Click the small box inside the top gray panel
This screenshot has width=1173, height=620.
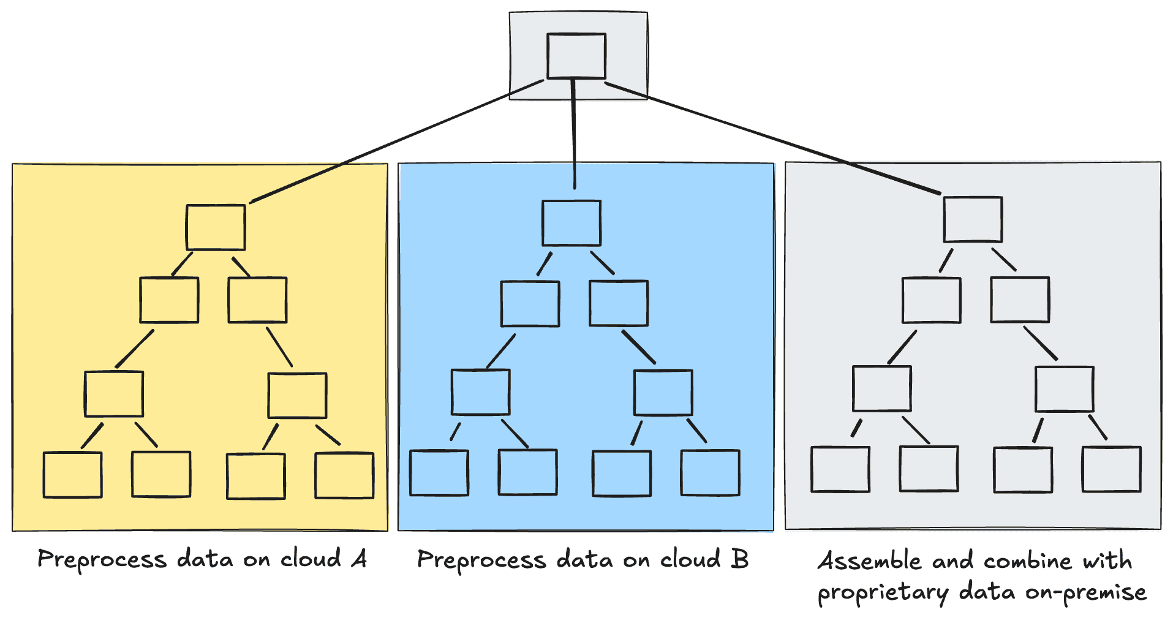pos(576,56)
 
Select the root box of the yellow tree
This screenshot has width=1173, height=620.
pos(216,227)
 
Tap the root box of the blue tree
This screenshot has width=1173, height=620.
pos(571,223)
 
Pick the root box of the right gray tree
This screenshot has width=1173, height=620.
pos(973,219)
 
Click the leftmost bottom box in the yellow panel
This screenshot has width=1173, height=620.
pos(72,475)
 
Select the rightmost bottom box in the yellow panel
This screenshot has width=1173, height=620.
pos(344,475)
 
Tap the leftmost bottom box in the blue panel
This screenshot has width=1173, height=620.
pos(439,472)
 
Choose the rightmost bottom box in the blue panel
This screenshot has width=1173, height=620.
pos(710,472)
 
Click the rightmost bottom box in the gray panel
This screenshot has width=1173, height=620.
pos(1111,469)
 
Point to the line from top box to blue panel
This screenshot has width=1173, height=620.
pos(574,135)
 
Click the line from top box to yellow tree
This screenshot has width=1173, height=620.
pos(398,141)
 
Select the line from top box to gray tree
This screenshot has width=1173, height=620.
pos(772,138)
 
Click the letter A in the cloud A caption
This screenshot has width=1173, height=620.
pos(360,559)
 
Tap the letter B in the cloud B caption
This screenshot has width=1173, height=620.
pos(740,559)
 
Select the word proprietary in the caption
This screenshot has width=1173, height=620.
pos(883,593)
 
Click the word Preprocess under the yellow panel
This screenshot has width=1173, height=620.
pos(102,559)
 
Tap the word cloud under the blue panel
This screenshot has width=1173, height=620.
pos(690,559)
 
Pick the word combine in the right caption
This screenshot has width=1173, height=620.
pos(1027,561)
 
